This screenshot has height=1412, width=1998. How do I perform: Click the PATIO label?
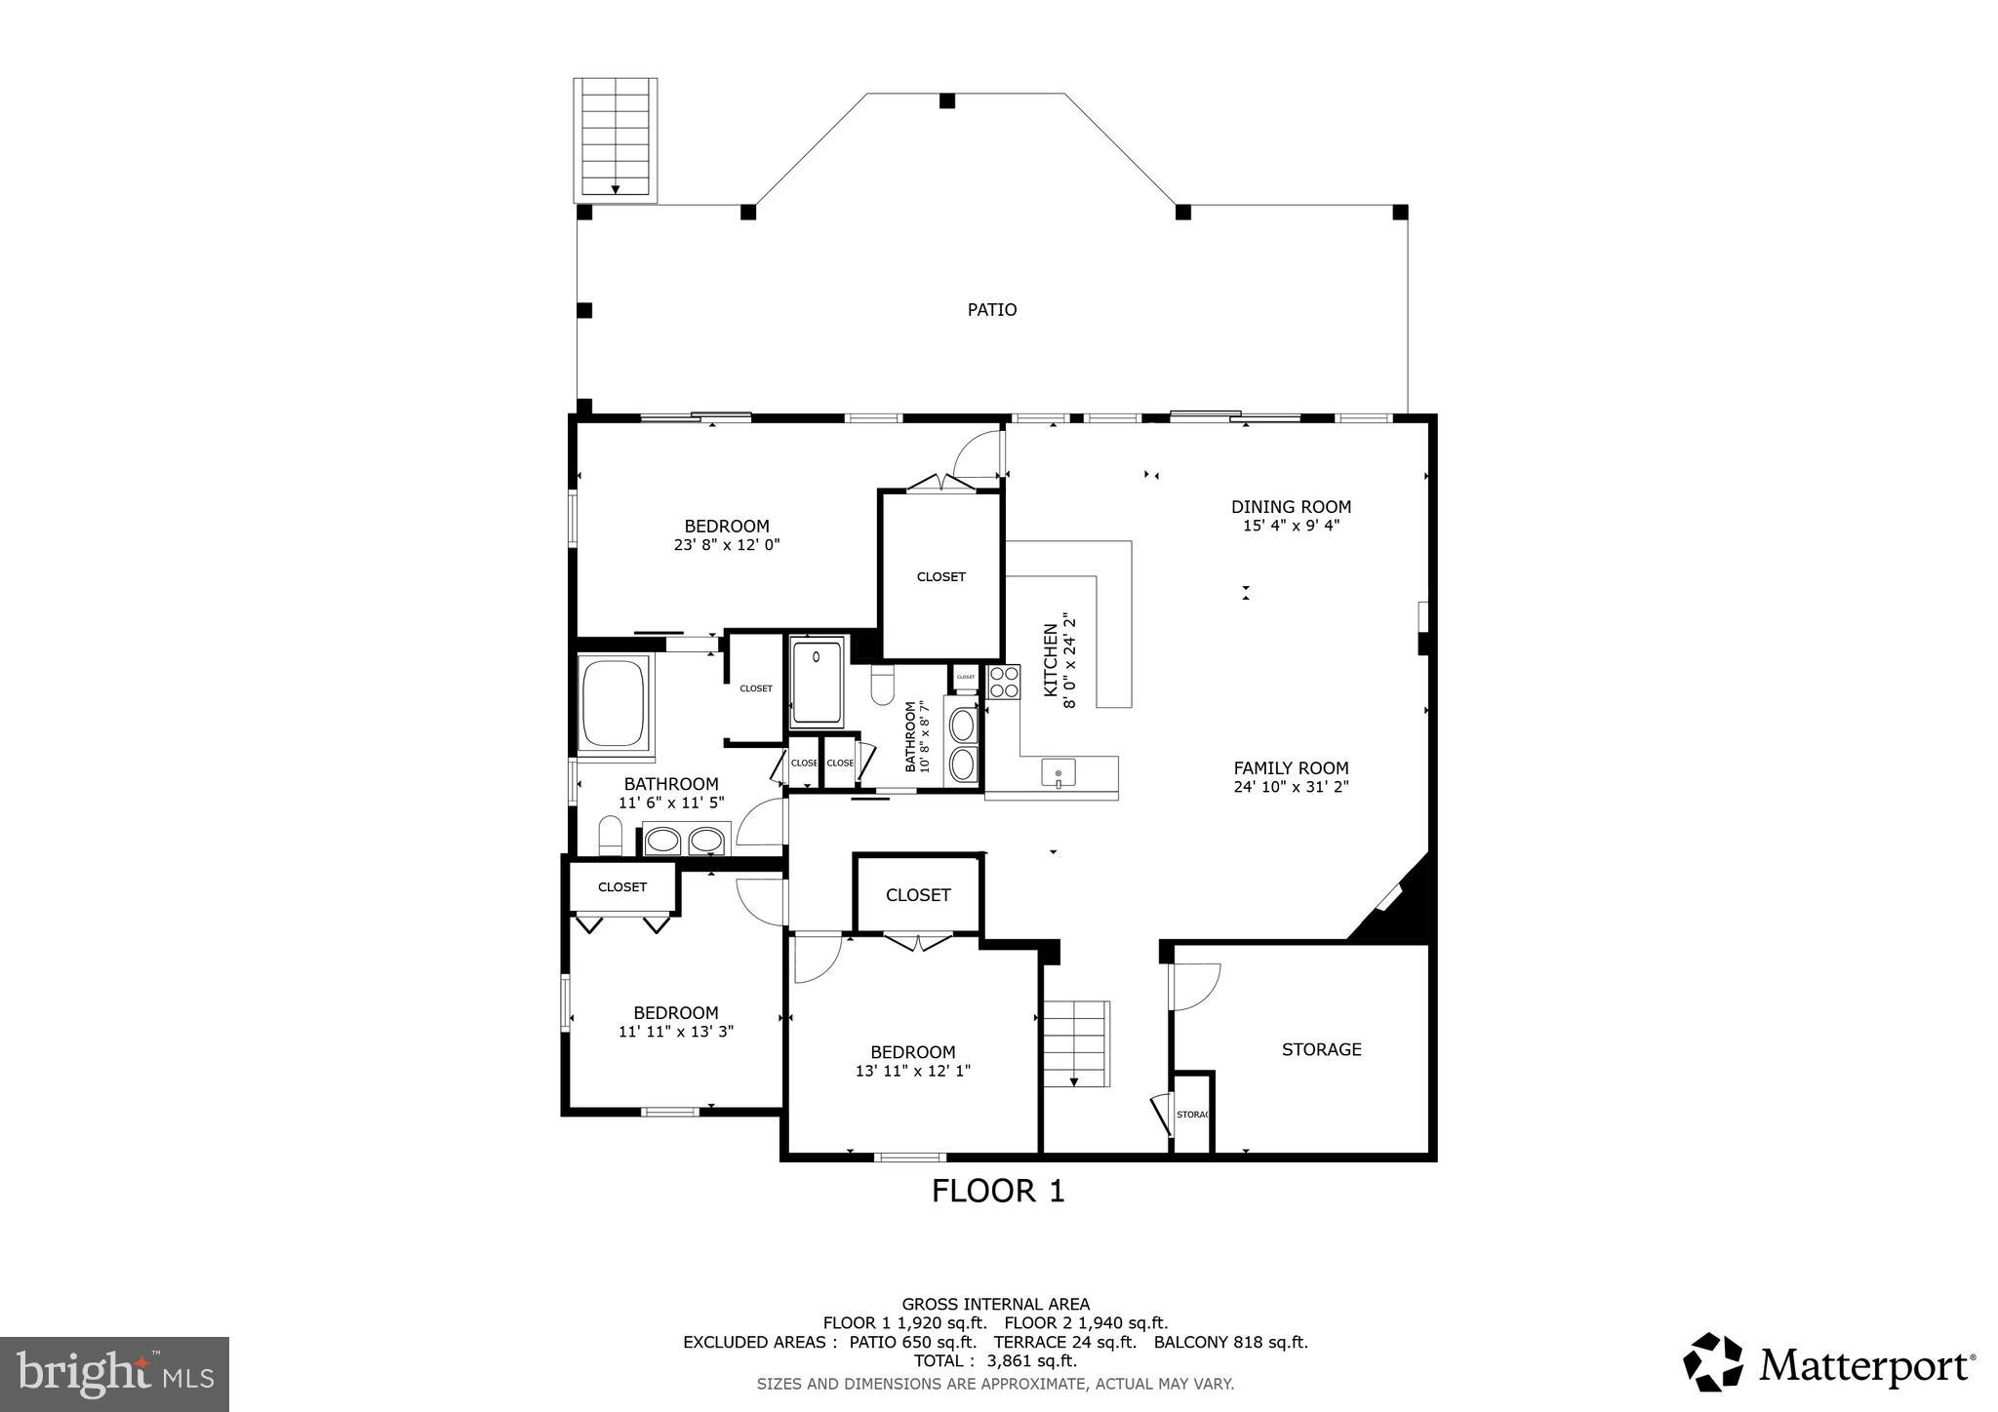991,310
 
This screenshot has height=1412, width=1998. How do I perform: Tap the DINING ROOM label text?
1290,507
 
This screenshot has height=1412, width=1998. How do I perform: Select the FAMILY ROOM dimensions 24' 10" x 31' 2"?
1290,787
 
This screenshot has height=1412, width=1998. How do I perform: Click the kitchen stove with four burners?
1004,682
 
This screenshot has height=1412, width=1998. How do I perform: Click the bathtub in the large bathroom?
614,703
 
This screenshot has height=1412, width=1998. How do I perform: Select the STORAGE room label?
1321,1049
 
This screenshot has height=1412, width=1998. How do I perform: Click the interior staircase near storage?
1076,1042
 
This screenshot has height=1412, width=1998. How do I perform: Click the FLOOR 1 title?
997,1191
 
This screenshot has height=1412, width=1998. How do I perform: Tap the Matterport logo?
1828,1362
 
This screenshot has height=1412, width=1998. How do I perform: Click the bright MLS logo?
114,1374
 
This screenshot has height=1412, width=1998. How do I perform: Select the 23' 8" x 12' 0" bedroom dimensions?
726,545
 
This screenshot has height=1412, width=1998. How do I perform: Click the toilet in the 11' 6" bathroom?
611,836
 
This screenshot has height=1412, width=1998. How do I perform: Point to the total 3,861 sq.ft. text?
995,1361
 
